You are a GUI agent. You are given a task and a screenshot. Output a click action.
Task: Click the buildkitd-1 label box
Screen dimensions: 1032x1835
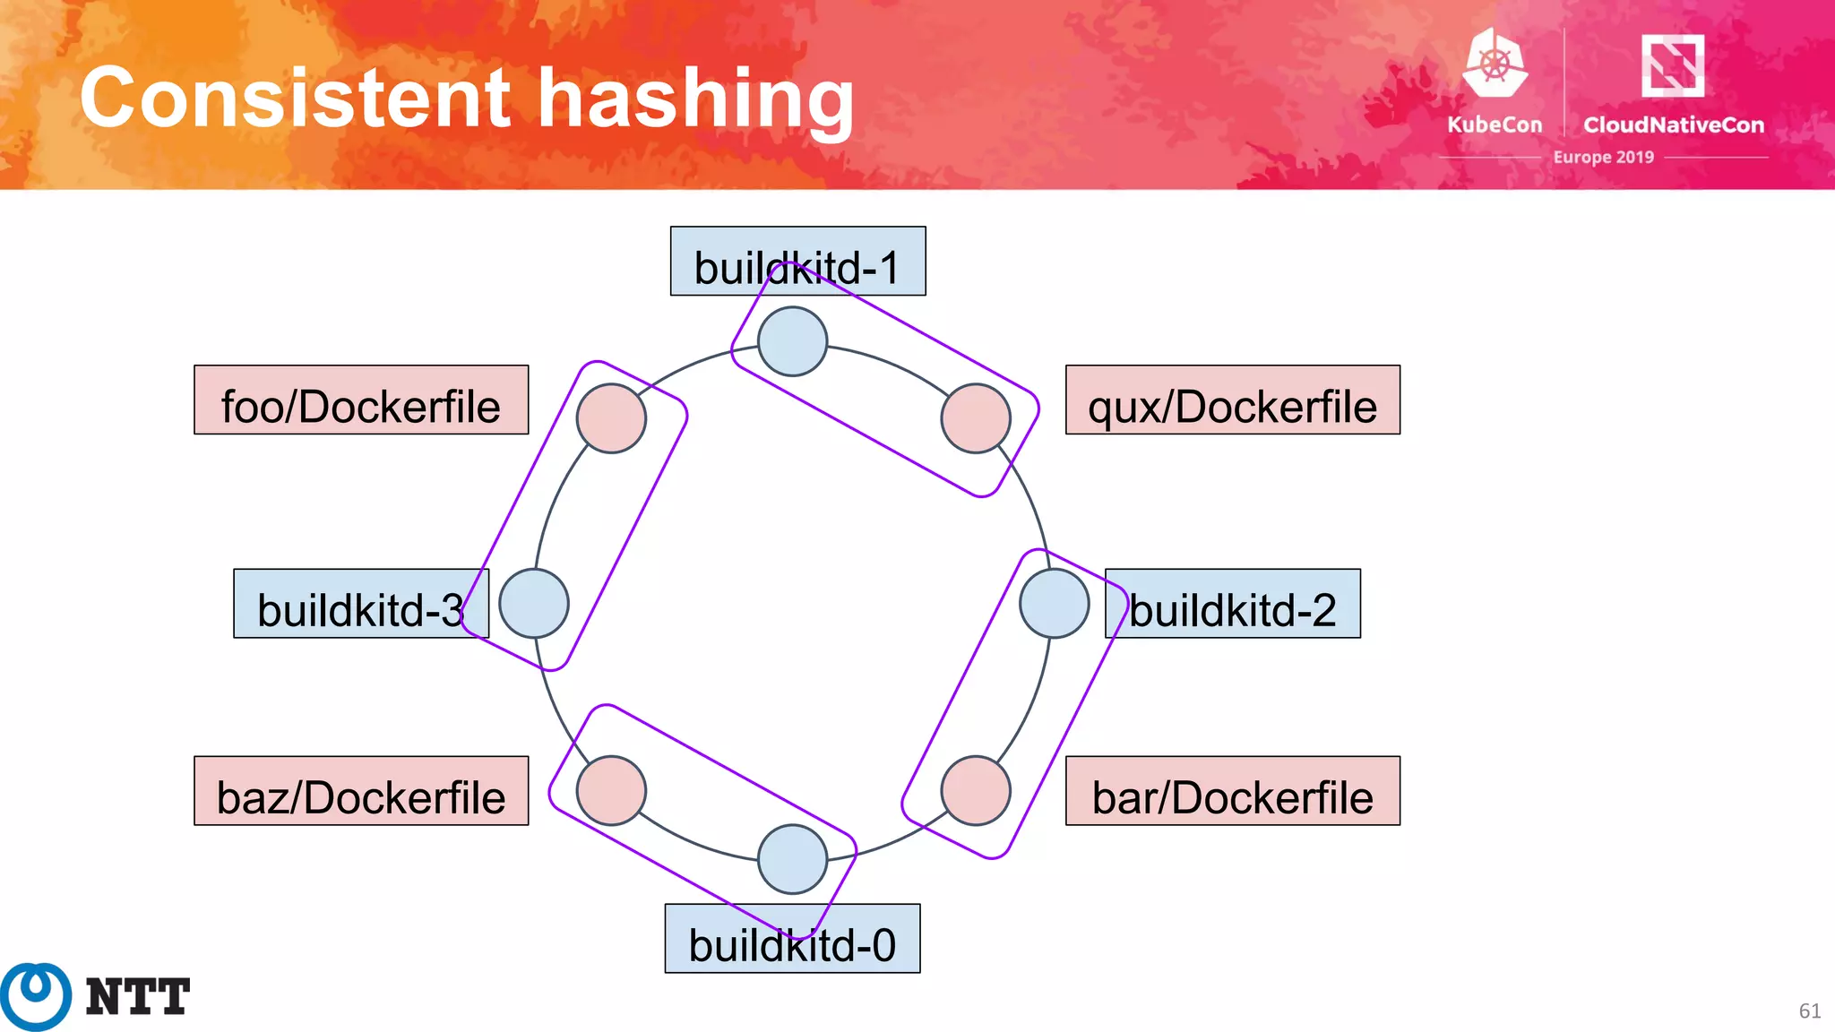(x=797, y=261)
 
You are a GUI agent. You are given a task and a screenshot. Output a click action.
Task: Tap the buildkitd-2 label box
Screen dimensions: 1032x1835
(x=1233, y=604)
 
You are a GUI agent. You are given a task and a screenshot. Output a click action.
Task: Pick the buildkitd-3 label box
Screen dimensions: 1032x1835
(x=360, y=604)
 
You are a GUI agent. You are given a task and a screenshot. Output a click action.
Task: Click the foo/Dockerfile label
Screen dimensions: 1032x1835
(x=361, y=400)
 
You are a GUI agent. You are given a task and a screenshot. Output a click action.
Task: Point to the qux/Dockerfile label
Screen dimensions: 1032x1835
(x=1232, y=400)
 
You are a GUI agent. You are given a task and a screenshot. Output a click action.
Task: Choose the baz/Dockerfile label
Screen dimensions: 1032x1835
(x=361, y=790)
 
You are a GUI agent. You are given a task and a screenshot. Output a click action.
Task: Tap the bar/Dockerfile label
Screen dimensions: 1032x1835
(x=1232, y=790)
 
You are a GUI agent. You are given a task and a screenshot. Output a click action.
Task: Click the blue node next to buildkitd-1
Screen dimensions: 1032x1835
(x=792, y=341)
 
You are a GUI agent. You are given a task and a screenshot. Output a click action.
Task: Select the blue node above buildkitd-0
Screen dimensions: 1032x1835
(x=792, y=859)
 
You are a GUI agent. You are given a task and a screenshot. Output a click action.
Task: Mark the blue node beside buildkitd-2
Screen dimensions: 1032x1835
(x=1055, y=604)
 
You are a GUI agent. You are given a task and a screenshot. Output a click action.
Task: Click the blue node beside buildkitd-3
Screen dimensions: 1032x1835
(x=534, y=604)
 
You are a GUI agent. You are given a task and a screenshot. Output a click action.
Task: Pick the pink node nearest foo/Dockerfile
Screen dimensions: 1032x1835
(x=611, y=418)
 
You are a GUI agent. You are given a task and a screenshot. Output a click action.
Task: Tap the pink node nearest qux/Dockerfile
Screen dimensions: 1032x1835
(x=976, y=418)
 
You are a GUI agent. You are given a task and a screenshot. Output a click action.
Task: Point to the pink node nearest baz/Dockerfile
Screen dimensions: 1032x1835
(x=611, y=790)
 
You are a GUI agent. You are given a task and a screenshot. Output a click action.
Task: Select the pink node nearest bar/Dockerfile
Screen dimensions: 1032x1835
(x=976, y=790)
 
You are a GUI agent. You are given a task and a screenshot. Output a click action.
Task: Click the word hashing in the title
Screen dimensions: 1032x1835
(x=695, y=99)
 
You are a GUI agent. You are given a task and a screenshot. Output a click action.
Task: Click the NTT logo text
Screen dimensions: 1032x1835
(x=137, y=997)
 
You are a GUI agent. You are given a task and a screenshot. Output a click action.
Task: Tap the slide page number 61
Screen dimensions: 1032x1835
(x=1809, y=1011)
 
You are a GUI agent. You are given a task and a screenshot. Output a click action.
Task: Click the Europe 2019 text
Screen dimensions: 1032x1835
(x=1603, y=158)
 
